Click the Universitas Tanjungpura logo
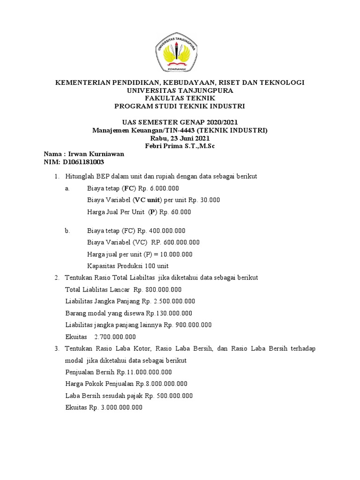click(x=180, y=53)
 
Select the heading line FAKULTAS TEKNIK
click(x=180, y=98)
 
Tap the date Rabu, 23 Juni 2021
click(x=180, y=138)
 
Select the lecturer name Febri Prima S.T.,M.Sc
click(x=180, y=146)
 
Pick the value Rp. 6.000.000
click(x=159, y=188)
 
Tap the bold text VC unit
click(x=149, y=200)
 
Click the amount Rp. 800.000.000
click(x=157, y=289)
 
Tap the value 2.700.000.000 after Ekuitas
click(x=115, y=337)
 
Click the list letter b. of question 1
click(x=68, y=231)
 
